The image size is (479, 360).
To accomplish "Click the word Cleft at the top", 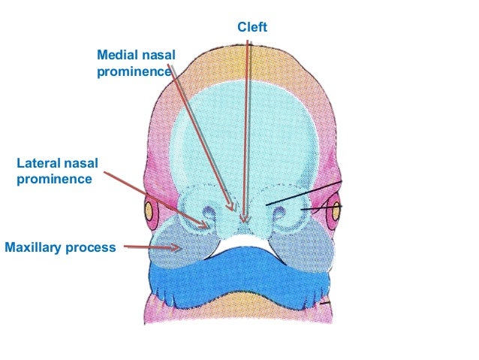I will [x=252, y=28].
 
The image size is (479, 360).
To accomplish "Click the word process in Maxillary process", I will [x=92, y=247].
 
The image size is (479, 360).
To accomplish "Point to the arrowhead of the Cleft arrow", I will [x=243, y=222].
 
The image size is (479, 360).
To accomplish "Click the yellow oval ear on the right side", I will [x=336, y=213].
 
